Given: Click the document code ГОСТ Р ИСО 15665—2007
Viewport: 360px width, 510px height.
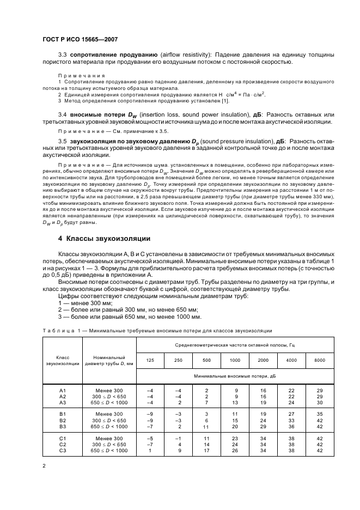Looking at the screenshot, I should tap(80, 40).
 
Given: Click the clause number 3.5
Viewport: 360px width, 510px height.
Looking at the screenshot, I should tap(62, 142).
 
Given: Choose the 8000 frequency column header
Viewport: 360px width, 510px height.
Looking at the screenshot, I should tap(319, 360).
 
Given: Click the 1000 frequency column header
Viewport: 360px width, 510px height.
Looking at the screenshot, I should tap(234, 360).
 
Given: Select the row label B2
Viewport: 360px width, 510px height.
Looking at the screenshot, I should tap(62, 421).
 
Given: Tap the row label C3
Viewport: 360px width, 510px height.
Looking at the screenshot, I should tap(62, 451).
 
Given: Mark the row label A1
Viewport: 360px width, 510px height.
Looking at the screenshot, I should tap(62, 391).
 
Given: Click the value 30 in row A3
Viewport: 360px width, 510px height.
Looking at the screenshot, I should tap(319, 403).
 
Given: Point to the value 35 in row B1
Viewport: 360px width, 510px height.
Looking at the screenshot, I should tap(319, 415).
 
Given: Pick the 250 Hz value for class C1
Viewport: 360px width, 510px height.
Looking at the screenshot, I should tap(178, 439).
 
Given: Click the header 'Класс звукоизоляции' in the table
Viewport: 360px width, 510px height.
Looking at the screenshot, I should tap(62, 360).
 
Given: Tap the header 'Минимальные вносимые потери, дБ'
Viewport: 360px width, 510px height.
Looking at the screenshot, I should tap(234, 376).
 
